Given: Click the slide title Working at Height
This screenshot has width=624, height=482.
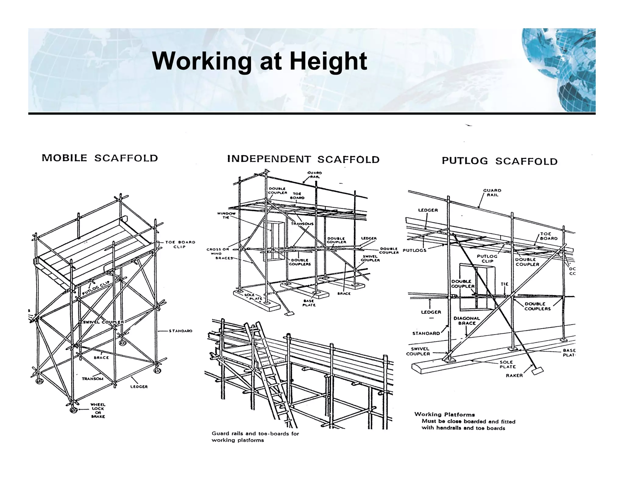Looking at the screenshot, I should [x=260, y=61].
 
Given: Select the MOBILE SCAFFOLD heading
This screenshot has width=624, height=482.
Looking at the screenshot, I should [x=100, y=158].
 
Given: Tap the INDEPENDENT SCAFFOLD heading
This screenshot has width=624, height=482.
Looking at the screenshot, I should [x=303, y=159].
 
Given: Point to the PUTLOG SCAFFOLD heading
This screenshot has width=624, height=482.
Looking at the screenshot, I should [x=499, y=161].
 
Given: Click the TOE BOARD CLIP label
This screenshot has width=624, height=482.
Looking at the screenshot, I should [x=180, y=244].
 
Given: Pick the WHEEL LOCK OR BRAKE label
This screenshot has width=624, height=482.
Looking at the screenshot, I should [x=98, y=410].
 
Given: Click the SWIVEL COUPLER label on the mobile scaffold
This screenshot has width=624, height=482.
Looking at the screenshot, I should [x=102, y=322].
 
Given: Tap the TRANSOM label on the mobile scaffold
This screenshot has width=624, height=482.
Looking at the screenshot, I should [x=93, y=379].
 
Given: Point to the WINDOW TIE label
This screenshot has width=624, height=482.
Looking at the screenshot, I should [x=226, y=215].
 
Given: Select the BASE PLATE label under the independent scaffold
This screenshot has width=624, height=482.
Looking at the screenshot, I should [x=309, y=303].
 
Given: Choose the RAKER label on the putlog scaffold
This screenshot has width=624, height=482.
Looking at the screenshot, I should [x=514, y=375].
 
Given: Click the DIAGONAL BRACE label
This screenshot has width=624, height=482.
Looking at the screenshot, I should [x=466, y=321].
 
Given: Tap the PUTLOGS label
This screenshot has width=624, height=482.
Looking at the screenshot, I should [x=414, y=250].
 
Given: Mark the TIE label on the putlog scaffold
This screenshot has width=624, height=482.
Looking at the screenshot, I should [x=505, y=284].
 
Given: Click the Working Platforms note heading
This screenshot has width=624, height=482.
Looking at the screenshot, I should [x=444, y=414].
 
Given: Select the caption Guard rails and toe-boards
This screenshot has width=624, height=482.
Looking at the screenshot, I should [x=255, y=437].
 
